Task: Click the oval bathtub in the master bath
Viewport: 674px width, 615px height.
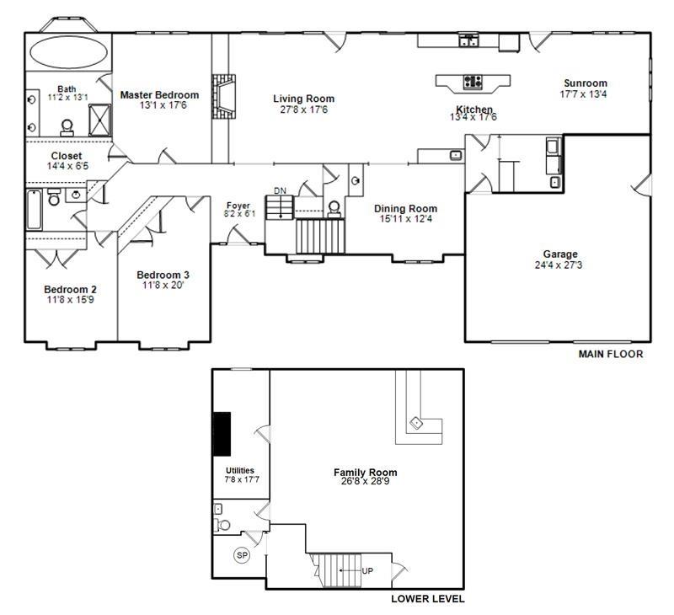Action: pos(68,52)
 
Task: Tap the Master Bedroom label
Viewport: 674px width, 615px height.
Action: pos(159,95)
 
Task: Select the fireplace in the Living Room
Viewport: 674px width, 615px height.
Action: pos(223,97)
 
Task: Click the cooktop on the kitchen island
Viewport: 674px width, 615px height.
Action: pos(473,82)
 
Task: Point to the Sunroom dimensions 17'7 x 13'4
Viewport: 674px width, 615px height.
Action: pos(583,94)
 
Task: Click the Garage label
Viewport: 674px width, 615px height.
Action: pos(560,254)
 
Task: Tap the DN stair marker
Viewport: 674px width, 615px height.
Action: pos(280,190)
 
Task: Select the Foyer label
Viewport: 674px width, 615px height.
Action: pos(238,206)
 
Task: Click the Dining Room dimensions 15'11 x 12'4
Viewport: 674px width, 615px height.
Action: pos(405,219)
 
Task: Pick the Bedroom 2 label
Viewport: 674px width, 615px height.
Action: pos(70,289)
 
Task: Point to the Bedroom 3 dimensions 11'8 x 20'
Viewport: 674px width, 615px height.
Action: pos(163,285)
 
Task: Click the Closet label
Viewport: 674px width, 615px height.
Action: pos(67,156)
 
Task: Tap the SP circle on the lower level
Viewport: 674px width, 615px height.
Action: pos(242,555)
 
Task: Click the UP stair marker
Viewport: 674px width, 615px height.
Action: pos(367,570)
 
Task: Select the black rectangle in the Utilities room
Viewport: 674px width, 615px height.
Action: pos(222,434)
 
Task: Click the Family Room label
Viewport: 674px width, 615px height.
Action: pos(366,473)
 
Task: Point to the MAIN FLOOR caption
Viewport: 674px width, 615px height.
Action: pos(611,354)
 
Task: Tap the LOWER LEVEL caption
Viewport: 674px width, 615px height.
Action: pos(428,599)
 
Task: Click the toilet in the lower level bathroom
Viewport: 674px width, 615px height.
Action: pos(222,525)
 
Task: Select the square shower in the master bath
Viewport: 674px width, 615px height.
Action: pos(99,120)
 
